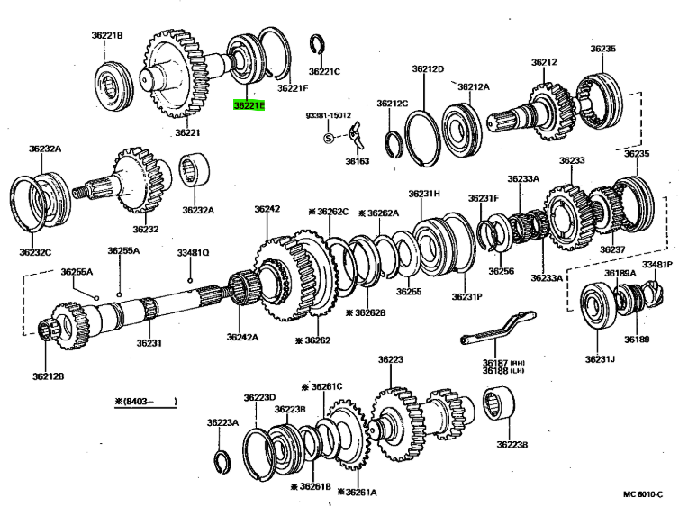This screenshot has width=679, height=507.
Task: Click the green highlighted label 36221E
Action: pyautogui.click(x=249, y=105)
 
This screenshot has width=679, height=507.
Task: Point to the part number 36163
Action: pyautogui.click(x=358, y=161)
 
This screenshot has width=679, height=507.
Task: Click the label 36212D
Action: pyautogui.click(x=429, y=68)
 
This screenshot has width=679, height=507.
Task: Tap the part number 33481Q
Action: pyautogui.click(x=192, y=253)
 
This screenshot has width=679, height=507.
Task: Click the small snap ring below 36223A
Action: pyautogui.click(x=225, y=461)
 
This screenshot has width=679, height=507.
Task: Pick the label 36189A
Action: pyautogui.click(x=620, y=273)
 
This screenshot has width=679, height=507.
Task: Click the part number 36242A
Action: pyautogui.click(x=241, y=338)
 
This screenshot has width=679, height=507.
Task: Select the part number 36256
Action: pyautogui.click(x=502, y=271)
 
